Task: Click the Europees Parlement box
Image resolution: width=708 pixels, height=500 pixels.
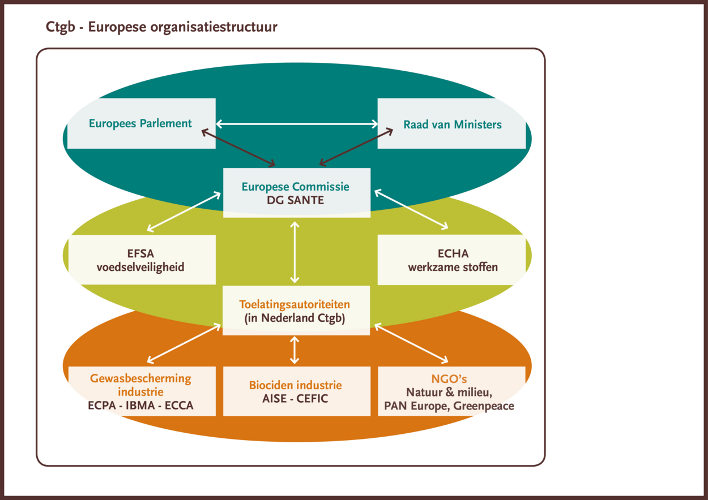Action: point(142,123)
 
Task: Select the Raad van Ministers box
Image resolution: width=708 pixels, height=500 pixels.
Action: point(451,123)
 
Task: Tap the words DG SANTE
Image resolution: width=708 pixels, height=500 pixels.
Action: point(295,200)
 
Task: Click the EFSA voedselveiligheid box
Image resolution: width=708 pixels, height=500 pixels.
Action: point(142,260)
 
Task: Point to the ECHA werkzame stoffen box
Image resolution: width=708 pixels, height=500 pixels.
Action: point(451,260)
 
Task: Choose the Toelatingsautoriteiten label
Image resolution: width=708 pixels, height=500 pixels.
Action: point(295,304)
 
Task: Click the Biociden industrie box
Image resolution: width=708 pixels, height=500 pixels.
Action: point(297,391)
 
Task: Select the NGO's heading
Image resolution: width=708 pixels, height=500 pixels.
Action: point(449,379)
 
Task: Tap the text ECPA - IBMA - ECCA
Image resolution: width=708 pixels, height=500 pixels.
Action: point(140,406)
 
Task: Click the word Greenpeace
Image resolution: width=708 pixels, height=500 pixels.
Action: point(484,406)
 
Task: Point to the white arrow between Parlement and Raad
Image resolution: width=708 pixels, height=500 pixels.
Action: point(297,124)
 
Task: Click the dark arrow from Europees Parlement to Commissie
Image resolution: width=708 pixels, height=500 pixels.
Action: point(238,148)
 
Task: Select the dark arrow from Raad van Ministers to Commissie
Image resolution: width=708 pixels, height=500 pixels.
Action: point(356,147)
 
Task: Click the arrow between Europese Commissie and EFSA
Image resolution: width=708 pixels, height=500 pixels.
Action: point(184,212)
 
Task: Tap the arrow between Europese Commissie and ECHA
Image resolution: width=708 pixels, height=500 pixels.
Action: point(411,209)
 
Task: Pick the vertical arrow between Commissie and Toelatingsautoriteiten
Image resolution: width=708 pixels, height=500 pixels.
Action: point(295,252)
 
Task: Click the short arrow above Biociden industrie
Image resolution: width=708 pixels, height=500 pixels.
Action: point(295,350)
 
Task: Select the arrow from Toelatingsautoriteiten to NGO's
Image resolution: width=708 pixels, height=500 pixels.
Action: point(411,343)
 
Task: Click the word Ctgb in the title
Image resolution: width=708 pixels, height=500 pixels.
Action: point(61,27)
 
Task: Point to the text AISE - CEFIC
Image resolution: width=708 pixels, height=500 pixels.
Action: point(295,399)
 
